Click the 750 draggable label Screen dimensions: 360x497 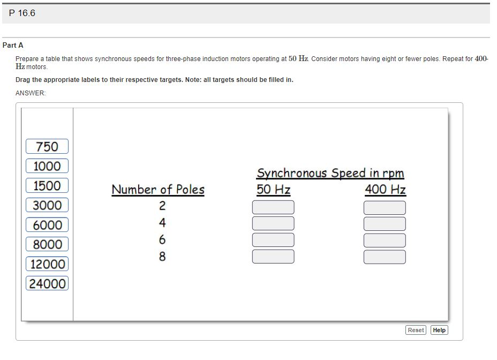tap(47, 146)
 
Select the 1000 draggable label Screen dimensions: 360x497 tap(47, 166)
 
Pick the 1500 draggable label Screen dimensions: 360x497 tap(47, 186)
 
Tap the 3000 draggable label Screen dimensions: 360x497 tap(47, 205)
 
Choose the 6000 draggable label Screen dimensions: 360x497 tap(47, 225)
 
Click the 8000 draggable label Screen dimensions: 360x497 tap(47, 244)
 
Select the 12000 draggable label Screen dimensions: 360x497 tap(47, 264)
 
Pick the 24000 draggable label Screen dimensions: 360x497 tap(47, 283)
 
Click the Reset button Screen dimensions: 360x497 tap(416, 330)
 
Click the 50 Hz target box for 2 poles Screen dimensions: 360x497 tap(273, 207)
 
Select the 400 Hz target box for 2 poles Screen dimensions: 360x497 tap(385, 207)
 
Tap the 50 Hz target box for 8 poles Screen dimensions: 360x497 tap(273, 257)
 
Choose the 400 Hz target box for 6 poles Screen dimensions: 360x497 tap(385, 240)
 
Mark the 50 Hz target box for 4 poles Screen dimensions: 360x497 tap(273, 223)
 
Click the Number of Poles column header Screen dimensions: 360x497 tap(158, 190)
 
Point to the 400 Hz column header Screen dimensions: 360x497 tap(385, 190)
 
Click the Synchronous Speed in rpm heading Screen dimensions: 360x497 tap(330, 173)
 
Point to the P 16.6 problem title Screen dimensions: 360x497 tap(22, 13)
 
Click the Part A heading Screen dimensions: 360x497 tap(13, 46)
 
